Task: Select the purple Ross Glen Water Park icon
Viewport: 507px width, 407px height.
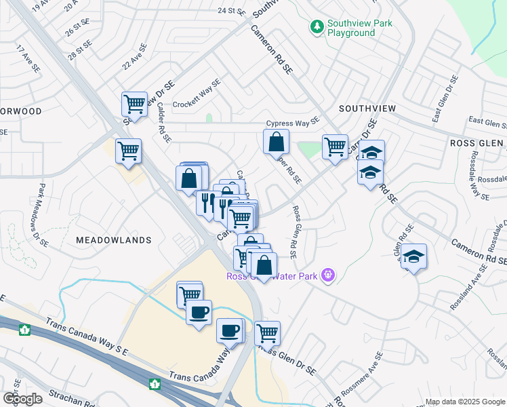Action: pos(328,275)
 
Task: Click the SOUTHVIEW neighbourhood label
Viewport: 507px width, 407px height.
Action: pos(367,109)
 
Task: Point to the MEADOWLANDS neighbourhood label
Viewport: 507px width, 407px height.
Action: pos(113,240)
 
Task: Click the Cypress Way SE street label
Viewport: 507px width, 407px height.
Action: pos(292,123)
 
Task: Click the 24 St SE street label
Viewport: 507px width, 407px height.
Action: pos(230,11)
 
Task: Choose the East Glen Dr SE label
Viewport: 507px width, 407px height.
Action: pos(453,99)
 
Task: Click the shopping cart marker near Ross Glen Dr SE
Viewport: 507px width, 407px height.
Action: pos(268,333)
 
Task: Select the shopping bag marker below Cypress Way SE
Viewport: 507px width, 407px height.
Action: pos(276,142)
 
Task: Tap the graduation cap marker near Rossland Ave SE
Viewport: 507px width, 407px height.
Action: pos(413,257)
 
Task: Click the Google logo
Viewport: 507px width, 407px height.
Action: pos(22,398)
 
